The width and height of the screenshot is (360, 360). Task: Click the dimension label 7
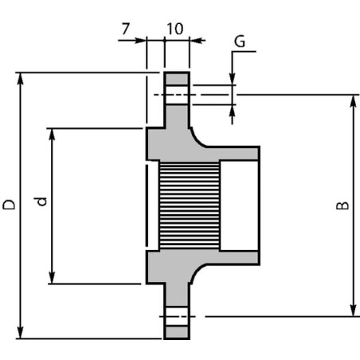click(126, 29)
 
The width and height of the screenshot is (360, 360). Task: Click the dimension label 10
click(175, 29)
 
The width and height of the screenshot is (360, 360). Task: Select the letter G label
click(240, 41)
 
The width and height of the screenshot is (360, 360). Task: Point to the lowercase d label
click(41, 202)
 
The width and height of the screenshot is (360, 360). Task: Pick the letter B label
click(342, 205)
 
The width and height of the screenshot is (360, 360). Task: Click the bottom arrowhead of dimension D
click(20, 332)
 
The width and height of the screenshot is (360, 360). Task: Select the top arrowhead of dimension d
click(52, 135)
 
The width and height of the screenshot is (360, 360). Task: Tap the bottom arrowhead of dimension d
click(52, 277)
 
